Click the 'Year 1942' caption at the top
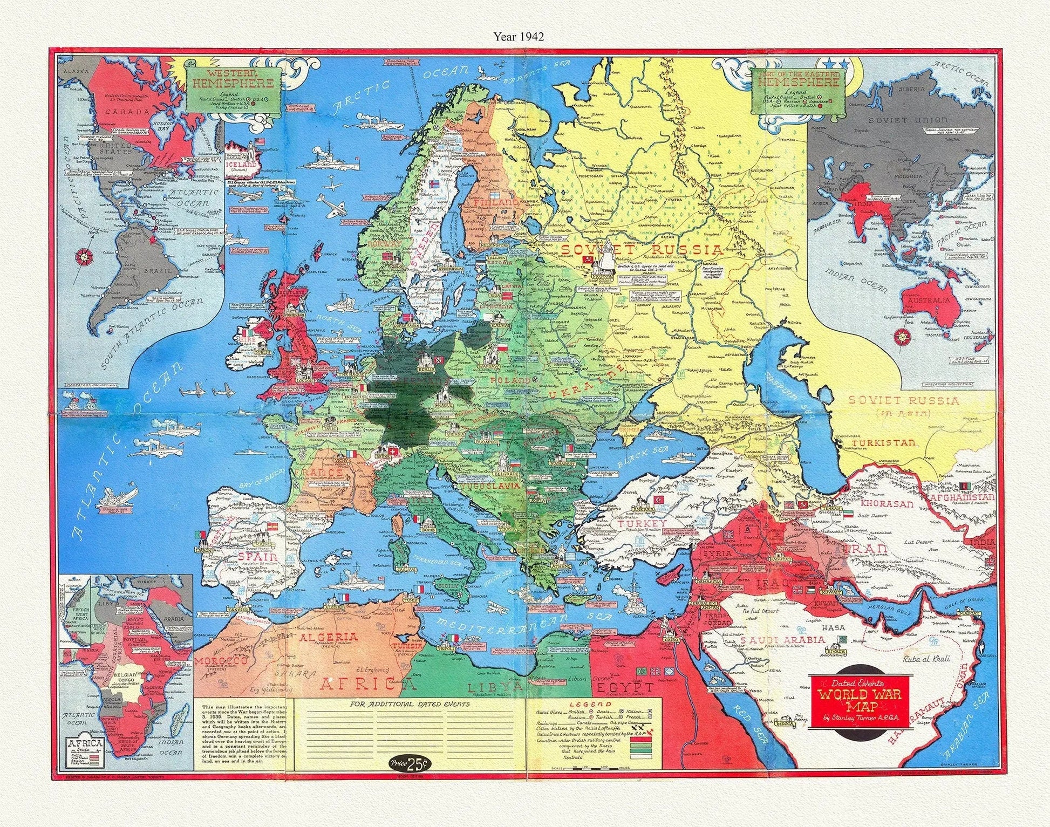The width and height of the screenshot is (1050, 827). (519, 36)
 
